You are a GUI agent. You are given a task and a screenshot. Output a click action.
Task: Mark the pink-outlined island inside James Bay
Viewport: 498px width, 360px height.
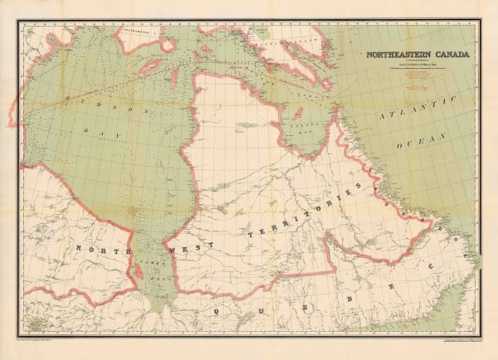[149, 256]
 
